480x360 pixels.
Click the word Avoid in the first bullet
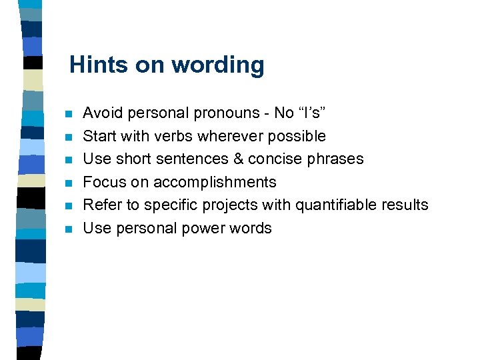point(100,113)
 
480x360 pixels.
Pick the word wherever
point(231,136)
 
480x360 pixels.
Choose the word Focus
point(104,182)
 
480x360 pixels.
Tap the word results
point(405,205)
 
